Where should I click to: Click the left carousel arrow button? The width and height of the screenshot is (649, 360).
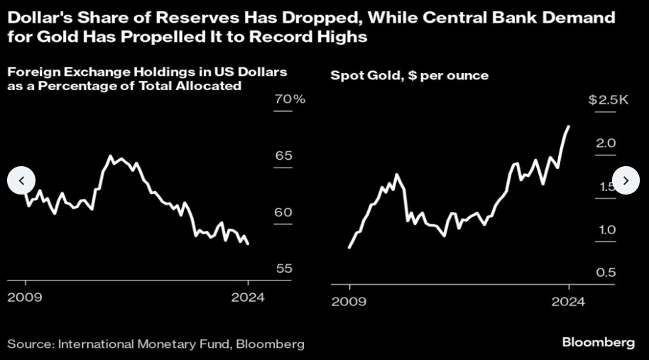(x=21, y=180)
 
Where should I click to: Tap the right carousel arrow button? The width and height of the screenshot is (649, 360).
(x=626, y=180)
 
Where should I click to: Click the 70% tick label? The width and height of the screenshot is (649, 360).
(x=290, y=99)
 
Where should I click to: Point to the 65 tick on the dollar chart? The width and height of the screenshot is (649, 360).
(x=284, y=156)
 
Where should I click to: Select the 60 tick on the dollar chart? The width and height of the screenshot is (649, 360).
(x=284, y=212)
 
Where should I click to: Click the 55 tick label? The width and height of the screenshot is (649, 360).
(x=284, y=268)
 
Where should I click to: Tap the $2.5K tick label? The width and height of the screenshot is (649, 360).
(x=609, y=100)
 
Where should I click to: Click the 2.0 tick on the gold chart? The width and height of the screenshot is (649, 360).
(x=605, y=143)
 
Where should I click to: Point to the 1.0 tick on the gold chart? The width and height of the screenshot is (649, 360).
(x=605, y=229)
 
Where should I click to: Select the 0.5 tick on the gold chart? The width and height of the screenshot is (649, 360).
(x=605, y=273)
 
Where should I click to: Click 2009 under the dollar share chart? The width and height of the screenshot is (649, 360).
(x=25, y=297)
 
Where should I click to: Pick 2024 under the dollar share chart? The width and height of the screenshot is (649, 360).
(x=246, y=297)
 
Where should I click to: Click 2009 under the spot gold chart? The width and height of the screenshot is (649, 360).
(x=349, y=302)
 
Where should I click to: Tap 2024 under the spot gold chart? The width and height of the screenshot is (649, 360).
(x=568, y=302)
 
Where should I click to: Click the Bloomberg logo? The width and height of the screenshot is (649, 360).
(x=598, y=342)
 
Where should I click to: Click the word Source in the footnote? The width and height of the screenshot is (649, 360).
(x=29, y=344)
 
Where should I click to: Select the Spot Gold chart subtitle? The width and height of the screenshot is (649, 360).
(x=410, y=75)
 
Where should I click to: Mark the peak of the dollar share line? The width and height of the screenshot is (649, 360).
(x=110, y=156)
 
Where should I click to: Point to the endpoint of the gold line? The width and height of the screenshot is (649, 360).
(x=569, y=126)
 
